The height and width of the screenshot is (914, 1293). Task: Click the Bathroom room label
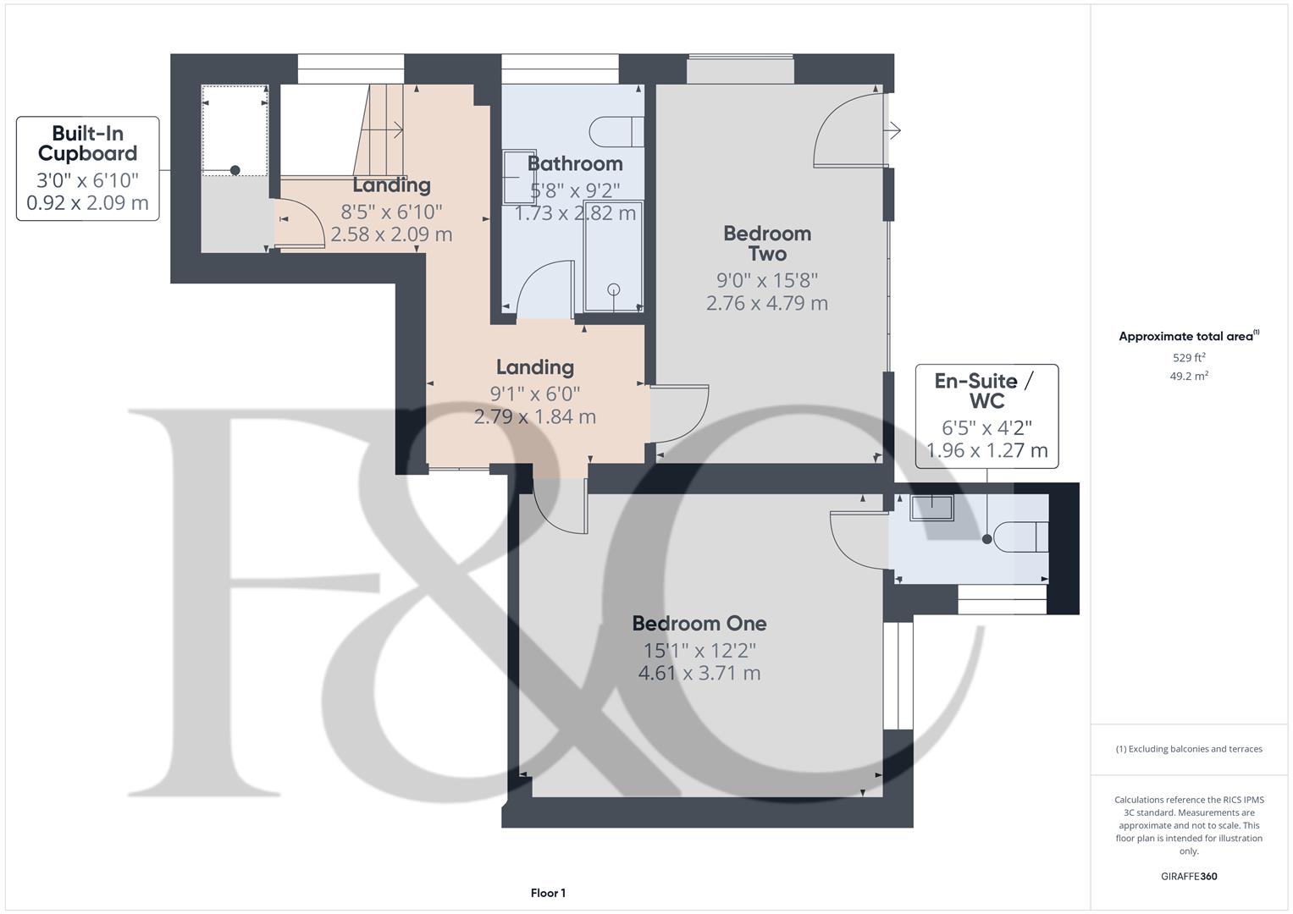tap(575, 163)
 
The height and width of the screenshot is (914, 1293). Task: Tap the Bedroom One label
tap(699, 624)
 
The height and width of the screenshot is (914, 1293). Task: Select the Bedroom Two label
tap(767, 243)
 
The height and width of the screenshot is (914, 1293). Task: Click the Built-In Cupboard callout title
tap(88, 143)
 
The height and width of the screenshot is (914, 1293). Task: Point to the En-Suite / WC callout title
tap(986, 390)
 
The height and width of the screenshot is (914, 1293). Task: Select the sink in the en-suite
tap(931, 508)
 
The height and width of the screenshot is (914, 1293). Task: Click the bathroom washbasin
tap(514, 178)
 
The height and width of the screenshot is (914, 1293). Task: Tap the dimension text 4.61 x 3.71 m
tap(699, 674)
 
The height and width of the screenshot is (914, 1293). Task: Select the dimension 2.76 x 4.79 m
tap(767, 303)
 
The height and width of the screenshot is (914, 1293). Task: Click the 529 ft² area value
tap(1189, 358)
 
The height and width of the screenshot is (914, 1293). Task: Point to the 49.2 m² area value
tap(1189, 377)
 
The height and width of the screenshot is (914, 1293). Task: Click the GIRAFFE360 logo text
tap(1189, 876)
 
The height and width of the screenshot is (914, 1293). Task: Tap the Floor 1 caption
tap(548, 893)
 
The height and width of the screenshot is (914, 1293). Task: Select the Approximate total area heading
tap(1187, 337)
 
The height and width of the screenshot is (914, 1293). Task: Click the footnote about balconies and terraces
tap(1189, 749)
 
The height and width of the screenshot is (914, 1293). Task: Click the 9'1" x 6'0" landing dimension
tap(535, 394)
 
